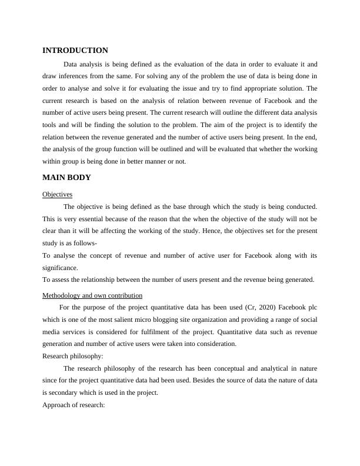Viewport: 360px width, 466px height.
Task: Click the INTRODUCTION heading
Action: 75,51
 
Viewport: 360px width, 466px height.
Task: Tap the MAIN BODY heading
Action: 66,177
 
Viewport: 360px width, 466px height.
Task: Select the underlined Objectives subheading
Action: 57,194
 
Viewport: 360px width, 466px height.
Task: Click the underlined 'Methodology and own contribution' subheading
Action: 92,295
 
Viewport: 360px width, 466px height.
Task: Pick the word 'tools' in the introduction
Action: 51,125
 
